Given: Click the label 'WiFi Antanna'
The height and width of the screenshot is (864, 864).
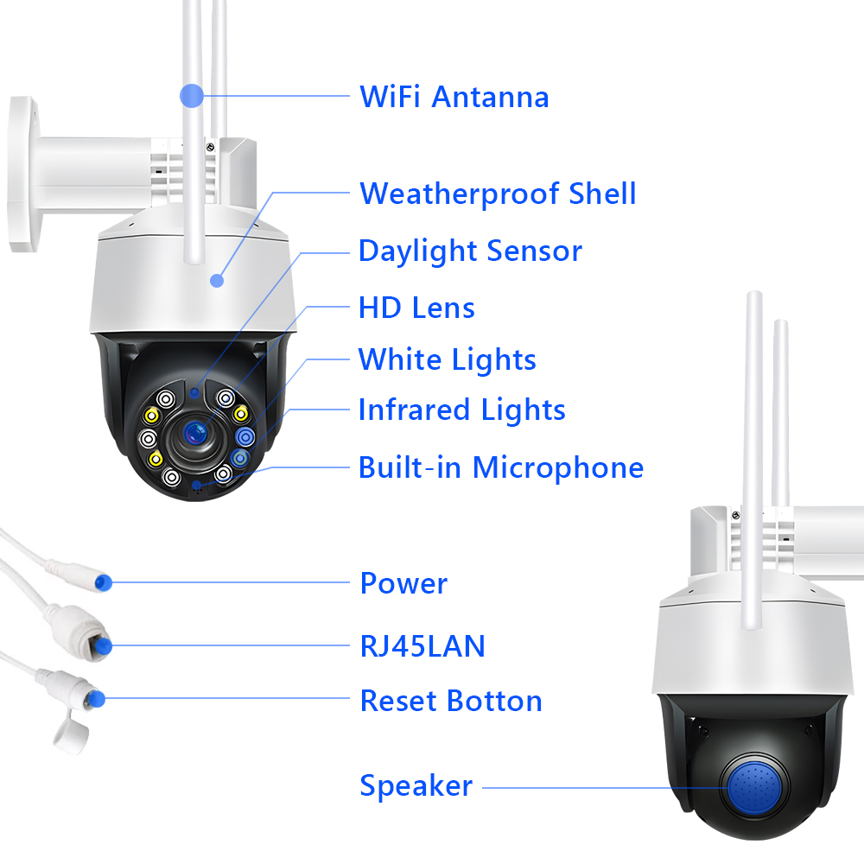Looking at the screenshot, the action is click(x=454, y=97).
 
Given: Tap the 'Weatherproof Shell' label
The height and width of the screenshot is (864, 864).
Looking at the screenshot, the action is click(x=498, y=194).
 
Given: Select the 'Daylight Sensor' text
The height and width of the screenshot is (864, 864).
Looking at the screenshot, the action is click(x=470, y=251).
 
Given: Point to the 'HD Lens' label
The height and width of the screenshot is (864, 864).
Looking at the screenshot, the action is click(x=416, y=308).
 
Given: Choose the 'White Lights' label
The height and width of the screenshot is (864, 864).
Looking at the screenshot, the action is click(x=447, y=359).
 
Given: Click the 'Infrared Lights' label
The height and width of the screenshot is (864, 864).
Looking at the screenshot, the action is click(x=461, y=410).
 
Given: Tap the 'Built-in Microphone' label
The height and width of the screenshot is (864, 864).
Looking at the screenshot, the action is click(x=501, y=467).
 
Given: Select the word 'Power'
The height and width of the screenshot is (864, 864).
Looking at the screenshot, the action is click(x=403, y=583).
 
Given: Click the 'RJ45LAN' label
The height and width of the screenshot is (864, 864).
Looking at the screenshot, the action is click(x=422, y=646).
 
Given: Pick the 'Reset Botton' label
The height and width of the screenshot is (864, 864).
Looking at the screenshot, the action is click(x=451, y=701).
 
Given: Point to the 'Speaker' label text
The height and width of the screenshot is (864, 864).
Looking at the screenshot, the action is click(x=416, y=785).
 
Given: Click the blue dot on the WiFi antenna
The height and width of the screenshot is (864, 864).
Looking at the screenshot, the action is click(x=192, y=96).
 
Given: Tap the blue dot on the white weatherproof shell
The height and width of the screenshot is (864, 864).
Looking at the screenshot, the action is click(x=217, y=281).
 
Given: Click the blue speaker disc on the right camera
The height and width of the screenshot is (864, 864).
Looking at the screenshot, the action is click(x=757, y=787).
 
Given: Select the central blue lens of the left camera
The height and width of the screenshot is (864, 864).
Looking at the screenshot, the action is click(x=194, y=433).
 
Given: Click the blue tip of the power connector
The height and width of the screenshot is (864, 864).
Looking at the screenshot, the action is click(x=103, y=582).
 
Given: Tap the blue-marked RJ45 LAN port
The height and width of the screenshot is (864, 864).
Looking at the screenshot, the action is click(x=103, y=645).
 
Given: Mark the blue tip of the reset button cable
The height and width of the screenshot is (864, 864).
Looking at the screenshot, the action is click(x=96, y=699).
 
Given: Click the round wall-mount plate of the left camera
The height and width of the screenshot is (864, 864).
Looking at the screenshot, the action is click(x=23, y=175).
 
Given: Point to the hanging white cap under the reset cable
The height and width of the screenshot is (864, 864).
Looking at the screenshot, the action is click(x=72, y=731).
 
